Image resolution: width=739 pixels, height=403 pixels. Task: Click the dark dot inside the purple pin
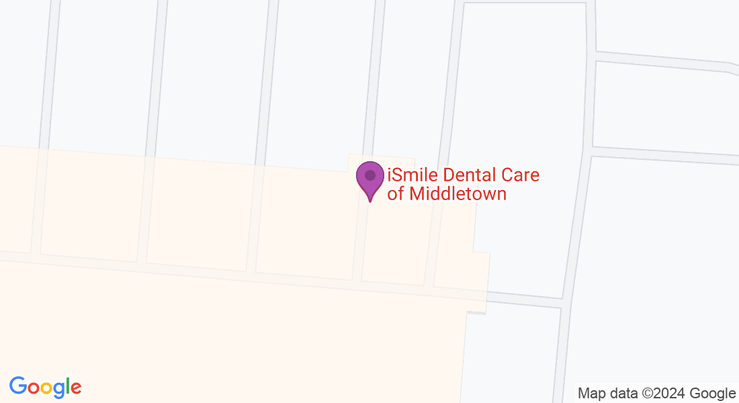point(370,175)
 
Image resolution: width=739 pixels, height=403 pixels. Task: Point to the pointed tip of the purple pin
point(370,201)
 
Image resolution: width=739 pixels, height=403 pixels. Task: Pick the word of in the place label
point(396,194)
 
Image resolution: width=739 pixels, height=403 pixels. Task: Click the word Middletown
point(458,194)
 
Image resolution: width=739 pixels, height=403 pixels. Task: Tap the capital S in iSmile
point(396,176)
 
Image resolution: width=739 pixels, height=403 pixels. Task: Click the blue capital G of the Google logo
point(17,386)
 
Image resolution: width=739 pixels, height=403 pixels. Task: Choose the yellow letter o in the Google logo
point(46,388)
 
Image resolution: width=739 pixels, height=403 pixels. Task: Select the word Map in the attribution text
point(592,394)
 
